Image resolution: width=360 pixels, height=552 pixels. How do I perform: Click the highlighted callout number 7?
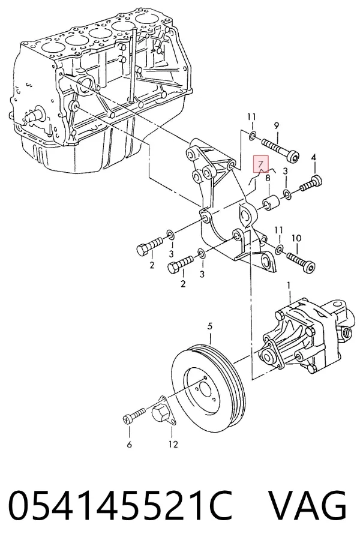(x=260, y=164)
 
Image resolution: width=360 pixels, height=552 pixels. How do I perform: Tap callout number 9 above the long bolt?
(x=276, y=125)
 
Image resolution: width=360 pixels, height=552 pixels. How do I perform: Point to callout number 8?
(x=268, y=178)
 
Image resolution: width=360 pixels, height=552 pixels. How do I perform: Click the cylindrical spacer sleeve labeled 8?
(x=271, y=204)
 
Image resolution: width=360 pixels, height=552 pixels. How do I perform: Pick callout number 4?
(x=314, y=158)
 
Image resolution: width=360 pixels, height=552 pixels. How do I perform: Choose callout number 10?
(x=296, y=238)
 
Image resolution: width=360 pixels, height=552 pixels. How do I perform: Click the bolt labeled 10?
(x=301, y=262)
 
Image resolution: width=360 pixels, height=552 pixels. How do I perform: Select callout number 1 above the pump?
(x=289, y=286)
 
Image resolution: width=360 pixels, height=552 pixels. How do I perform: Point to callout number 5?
(x=210, y=326)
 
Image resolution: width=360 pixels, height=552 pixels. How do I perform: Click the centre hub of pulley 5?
(x=204, y=388)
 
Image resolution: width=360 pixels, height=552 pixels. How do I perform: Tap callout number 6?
(x=129, y=444)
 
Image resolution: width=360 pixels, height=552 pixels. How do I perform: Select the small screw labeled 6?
(x=134, y=415)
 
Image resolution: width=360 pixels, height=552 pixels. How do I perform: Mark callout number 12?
(x=173, y=444)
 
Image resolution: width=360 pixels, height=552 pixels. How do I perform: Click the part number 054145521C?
(x=119, y=506)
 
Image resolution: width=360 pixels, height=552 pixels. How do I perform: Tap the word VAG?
(x=308, y=506)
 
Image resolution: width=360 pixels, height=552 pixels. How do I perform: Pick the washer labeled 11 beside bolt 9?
(x=253, y=136)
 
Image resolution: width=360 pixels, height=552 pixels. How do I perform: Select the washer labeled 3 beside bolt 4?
(x=287, y=194)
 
